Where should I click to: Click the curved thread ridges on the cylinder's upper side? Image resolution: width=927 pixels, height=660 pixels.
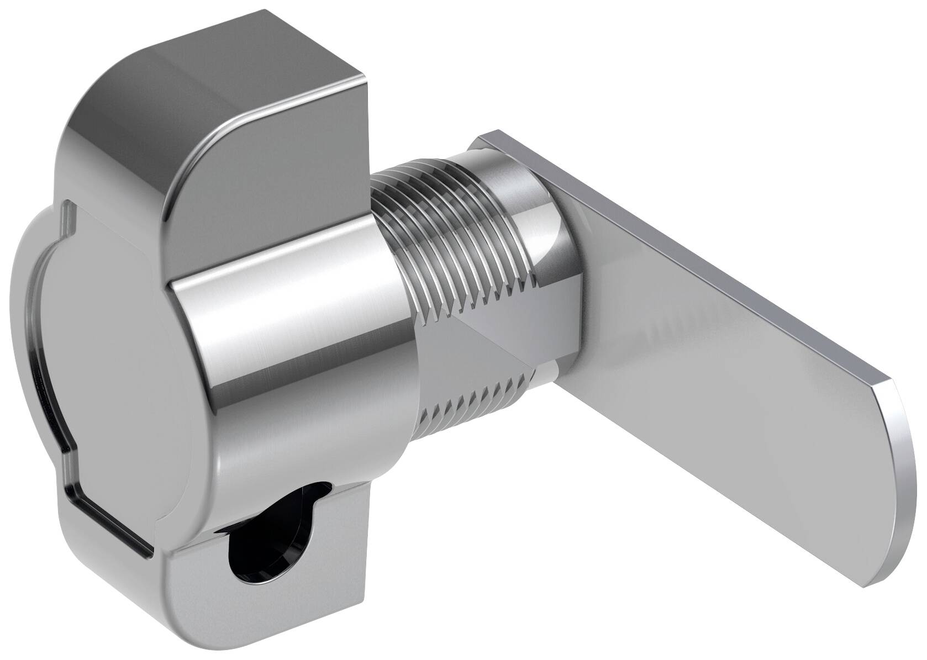[442, 210]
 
